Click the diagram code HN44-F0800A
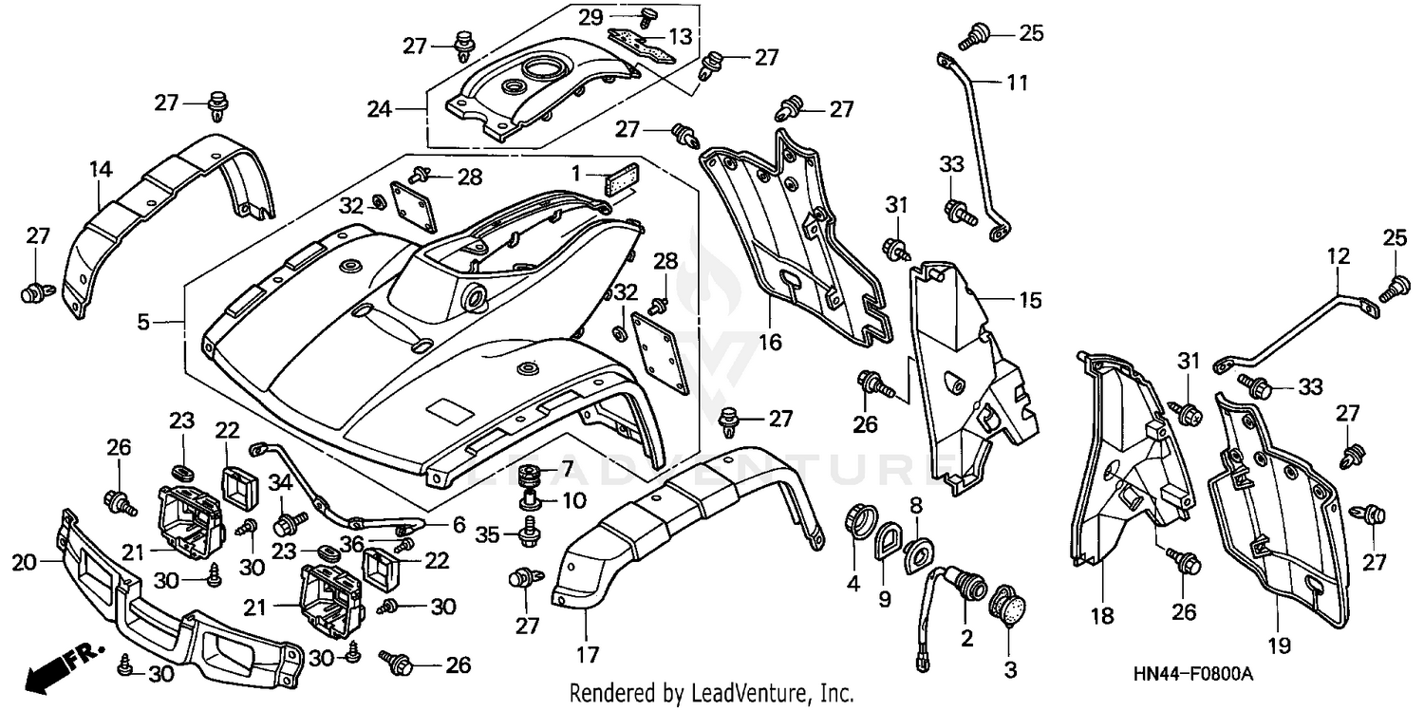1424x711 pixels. (1192, 674)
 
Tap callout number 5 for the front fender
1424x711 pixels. (142, 323)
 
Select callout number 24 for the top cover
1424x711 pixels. (381, 110)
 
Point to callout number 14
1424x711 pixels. (102, 170)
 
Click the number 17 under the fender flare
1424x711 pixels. (586, 654)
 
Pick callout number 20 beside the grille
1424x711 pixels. (24, 563)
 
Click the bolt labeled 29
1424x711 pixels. (650, 16)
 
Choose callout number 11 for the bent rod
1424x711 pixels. (1017, 84)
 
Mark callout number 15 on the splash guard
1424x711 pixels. (1030, 301)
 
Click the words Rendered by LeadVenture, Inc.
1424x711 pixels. (710, 693)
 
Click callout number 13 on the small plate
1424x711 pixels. (681, 37)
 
